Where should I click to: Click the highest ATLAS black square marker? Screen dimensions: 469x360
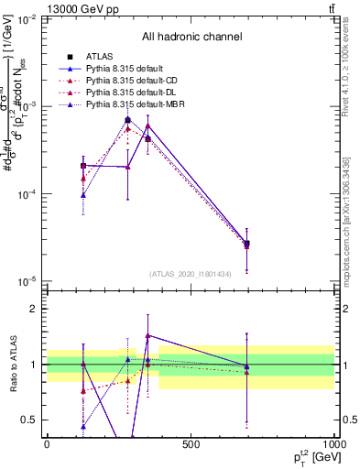click(x=127, y=120)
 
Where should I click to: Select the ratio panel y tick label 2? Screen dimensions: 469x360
click(x=34, y=309)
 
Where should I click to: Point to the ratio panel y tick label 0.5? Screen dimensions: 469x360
click(x=30, y=420)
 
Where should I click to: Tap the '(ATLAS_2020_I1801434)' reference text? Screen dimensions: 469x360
click(x=190, y=274)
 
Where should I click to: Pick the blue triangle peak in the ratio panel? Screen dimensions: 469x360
click(x=147, y=336)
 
